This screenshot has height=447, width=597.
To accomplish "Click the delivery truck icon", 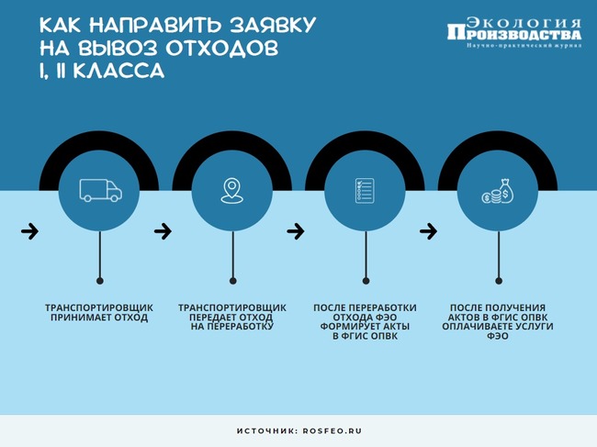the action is tap(100, 190).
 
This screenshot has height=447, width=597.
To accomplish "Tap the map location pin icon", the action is tap(231, 191).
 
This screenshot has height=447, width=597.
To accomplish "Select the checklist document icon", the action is tap(365, 191).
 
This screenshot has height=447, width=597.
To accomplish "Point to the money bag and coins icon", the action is tap(498, 191).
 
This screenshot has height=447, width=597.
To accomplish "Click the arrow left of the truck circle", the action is tap(29, 231).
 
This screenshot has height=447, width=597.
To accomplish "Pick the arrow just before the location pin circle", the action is tap(163, 231).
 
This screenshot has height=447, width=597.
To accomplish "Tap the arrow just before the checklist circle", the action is tap(296, 231).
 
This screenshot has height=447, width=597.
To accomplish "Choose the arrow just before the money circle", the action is tap(428, 231).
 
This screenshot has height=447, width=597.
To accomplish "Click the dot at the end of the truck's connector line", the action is tap(100, 281).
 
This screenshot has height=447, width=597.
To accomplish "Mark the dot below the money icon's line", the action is tap(499, 281).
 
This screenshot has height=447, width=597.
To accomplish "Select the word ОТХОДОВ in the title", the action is tap(222, 49).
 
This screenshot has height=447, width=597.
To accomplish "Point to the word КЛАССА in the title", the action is tap(118, 71).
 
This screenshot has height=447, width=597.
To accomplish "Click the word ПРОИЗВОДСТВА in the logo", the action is tap(514, 33).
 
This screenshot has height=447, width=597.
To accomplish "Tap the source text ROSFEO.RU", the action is tap(332, 431).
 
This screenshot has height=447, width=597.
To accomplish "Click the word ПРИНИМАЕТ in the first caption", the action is tap(77, 318).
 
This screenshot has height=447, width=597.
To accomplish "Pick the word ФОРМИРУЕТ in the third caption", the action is tap(346, 327).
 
